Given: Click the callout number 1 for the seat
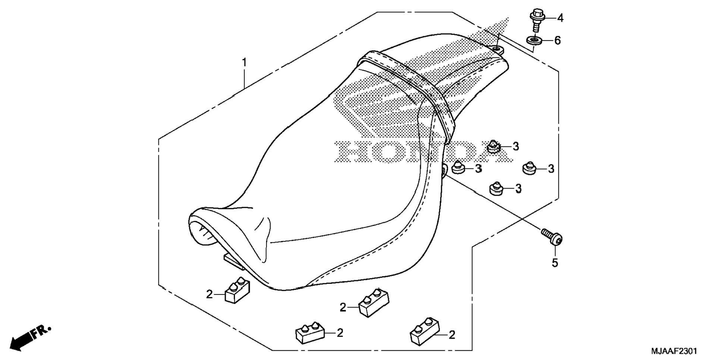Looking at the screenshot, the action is click(x=244, y=62).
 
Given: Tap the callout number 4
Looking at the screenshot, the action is click(x=560, y=18).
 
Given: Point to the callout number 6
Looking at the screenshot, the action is click(x=557, y=40).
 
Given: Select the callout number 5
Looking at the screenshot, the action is click(x=555, y=263).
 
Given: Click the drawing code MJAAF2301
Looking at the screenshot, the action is click(x=674, y=351).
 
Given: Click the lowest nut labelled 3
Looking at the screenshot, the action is click(x=497, y=189).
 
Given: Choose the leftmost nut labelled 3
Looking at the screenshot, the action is click(x=458, y=168).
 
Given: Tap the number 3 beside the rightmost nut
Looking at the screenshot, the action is click(x=551, y=169).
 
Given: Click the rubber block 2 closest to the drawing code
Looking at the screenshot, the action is click(x=424, y=331).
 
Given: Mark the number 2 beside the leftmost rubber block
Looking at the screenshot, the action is click(x=210, y=294).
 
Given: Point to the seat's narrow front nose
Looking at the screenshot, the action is click(x=209, y=227).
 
